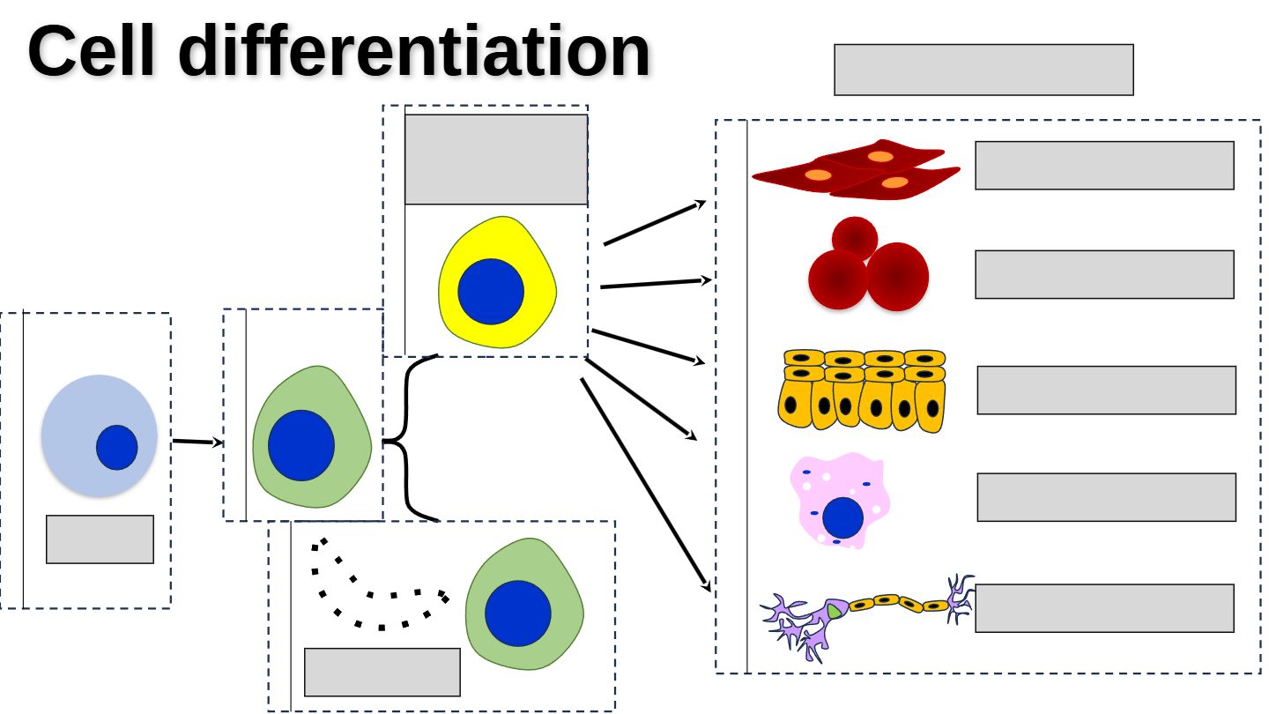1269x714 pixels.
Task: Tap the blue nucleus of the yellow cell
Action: point(491,291)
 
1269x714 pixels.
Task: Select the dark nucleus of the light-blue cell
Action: point(116,447)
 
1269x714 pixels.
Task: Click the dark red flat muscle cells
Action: point(855,169)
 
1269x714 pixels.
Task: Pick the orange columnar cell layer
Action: point(862,390)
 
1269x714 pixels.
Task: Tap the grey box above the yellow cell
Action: point(495,160)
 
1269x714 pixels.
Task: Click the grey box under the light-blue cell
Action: point(100,539)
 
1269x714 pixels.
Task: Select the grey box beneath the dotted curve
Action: point(382,672)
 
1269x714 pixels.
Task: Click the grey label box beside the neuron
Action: point(1103,607)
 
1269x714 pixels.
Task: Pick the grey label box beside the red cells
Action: point(1103,274)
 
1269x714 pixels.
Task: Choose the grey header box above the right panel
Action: point(983,70)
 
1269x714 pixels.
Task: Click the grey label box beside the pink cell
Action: point(1105,497)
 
